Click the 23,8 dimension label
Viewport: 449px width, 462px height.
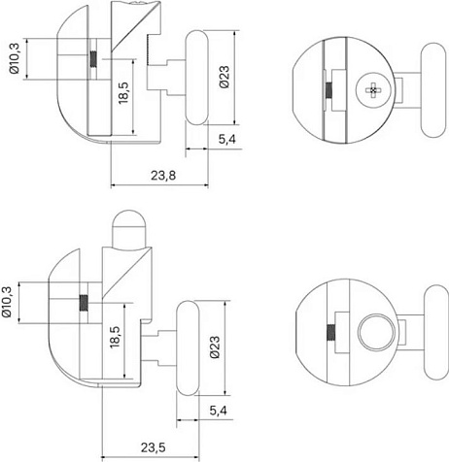tap(163, 176)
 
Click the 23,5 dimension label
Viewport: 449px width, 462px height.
tap(154, 447)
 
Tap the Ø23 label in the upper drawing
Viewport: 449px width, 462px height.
tap(224, 77)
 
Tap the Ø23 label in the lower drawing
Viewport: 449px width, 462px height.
tap(215, 347)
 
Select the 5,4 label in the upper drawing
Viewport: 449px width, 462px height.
tap(226, 140)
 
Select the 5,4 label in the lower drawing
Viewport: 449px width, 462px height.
tap(218, 411)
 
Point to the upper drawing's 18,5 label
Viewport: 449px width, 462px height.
tap(123, 93)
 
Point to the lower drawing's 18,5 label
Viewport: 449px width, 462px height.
tap(115, 337)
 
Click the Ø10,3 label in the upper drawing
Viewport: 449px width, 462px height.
tap(15, 58)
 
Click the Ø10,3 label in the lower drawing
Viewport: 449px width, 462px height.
tap(6, 302)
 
